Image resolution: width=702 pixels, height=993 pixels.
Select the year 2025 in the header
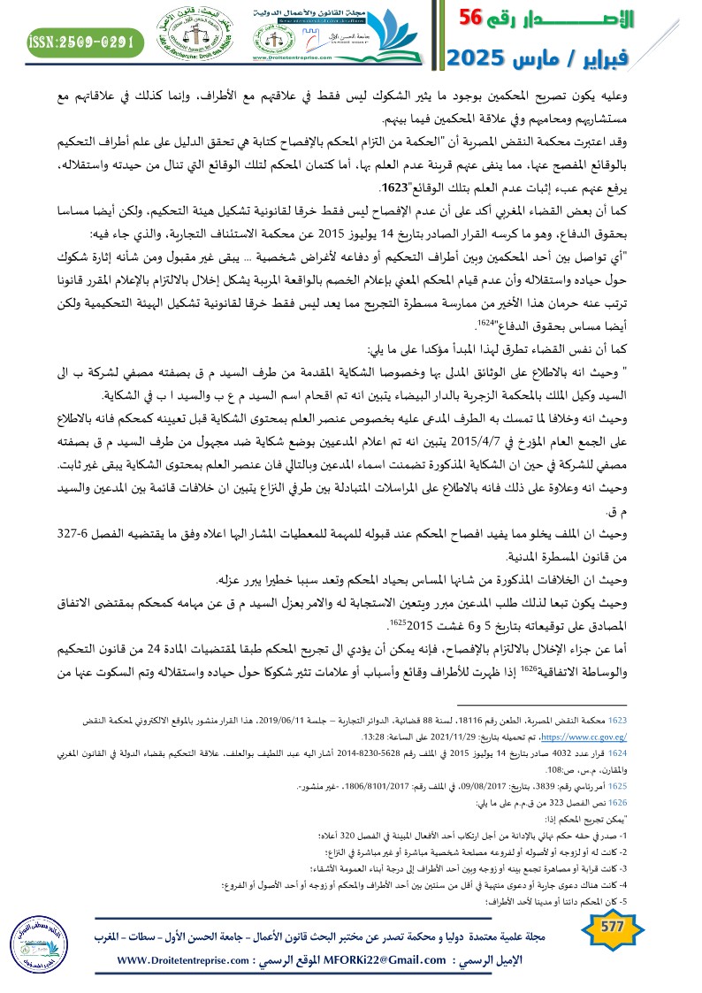[x=477, y=58]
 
